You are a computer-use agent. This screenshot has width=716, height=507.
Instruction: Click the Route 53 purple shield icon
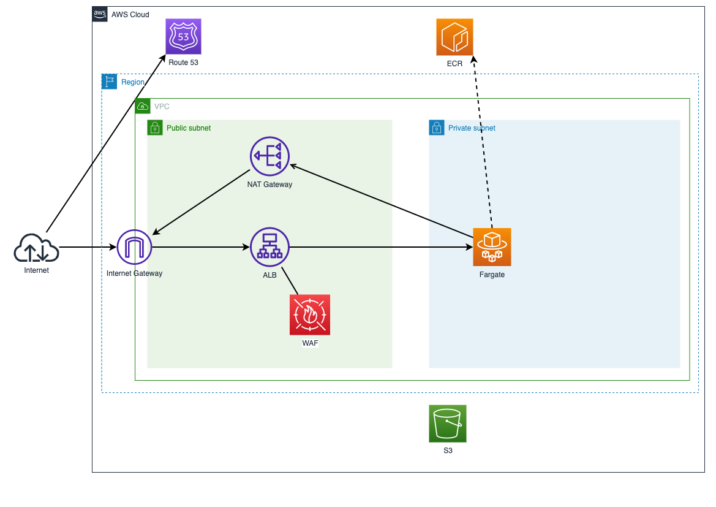(x=183, y=36)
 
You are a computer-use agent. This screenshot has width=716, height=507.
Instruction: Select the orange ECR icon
(x=454, y=37)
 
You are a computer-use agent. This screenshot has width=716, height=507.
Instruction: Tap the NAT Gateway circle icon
(x=269, y=156)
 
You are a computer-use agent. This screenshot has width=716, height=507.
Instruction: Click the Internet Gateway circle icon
(x=134, y=248)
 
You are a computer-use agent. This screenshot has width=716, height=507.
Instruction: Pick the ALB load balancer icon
(x=269, y=247)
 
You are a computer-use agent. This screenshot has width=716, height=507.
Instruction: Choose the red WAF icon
(x=310, y=314)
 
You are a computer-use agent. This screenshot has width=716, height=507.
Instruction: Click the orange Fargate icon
(x=492, y=247)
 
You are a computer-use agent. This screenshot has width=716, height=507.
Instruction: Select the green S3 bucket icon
(x=448, y=423)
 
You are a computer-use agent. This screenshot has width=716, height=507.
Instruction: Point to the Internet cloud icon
(x=36, y=248)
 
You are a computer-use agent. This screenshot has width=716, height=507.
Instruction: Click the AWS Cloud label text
(x=130, y=14)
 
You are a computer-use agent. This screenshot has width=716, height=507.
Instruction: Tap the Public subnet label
(x=189, y=128)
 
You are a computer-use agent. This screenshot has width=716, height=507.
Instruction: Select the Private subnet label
(x=472, y=128)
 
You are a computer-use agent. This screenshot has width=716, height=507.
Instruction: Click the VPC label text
(x=162, y=106)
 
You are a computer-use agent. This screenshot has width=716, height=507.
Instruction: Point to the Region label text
(x=133, y=82)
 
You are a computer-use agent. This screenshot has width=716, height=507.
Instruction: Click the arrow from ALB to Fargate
(x=380, y=248)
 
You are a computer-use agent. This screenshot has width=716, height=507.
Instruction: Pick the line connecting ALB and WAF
(x=290, y=281)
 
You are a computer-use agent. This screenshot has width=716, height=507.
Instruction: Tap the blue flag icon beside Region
(x=110, y=82)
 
